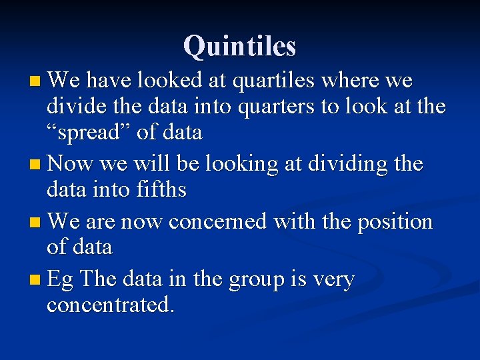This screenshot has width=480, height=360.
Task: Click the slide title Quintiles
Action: pyautogui.click(x=239, y=46)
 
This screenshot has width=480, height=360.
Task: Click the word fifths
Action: pyautogui.click(x=159, y=190)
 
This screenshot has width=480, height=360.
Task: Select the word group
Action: pyautogui.click(x=255, y=280)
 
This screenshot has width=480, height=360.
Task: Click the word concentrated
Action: pyautogui.click(x=110, y=305)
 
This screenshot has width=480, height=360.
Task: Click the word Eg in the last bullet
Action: pyautogui.click(x=61, y=280)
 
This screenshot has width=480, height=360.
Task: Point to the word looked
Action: pyautogui.click(x=170, y=81)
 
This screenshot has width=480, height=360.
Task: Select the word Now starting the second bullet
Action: pyautogui.click(x=71, y=164)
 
